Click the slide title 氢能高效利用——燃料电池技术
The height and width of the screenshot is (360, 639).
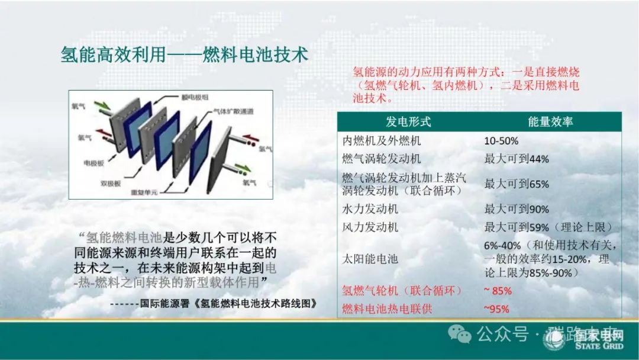coord(185,54)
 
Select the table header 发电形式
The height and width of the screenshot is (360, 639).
coord(408,122)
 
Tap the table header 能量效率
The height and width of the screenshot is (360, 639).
coord(550,122)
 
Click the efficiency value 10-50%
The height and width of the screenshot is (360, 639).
coord(501,141)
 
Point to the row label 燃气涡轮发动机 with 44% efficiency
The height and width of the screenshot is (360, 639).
coord(382,159)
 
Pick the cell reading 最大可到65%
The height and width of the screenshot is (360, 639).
coord(517,184)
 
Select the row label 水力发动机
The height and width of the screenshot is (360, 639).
coord(370,209)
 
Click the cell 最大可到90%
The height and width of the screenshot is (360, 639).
coord(517,209)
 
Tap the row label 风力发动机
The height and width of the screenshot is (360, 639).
coord(370,227)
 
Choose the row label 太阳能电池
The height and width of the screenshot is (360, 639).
coord(370,259)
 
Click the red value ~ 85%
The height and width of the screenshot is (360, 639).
coord(498,291)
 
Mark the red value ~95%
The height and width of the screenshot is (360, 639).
coord(496,309)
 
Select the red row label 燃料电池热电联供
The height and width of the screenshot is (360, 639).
coord(387,309)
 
